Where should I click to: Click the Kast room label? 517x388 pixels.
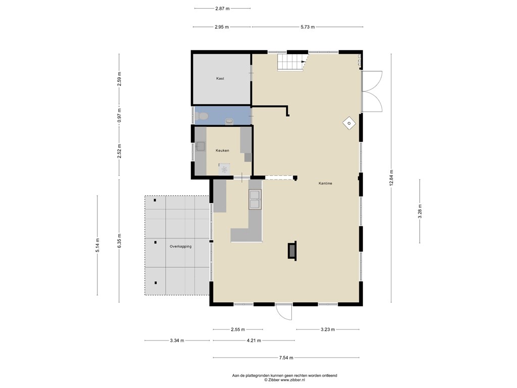coord(220,78)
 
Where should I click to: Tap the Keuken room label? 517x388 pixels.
coord(222,151)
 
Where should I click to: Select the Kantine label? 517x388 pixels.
coord(325,183)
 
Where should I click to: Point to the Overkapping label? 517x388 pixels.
coord(180,247)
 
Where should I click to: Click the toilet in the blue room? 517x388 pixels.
coord(201,116)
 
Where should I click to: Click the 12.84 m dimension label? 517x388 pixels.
coord(391,178)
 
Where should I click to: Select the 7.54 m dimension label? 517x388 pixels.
coord(286,357)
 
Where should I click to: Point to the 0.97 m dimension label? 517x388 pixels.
coord(119,116)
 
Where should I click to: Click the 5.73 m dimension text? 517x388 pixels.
coord(307,27)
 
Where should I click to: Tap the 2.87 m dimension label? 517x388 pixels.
coord(222,9)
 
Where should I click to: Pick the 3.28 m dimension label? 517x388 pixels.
coord(420,212)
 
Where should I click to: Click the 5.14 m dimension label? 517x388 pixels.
coord(97,245)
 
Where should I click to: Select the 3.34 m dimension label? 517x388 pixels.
coord(177,341)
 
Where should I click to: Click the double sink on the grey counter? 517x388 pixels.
coord(255,200)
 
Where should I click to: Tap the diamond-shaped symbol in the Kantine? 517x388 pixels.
coord(349,124)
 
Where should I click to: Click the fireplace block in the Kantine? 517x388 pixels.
coord(292,251)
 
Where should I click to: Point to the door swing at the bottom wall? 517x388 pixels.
coord(284,312)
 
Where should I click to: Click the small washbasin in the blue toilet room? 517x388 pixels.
coord(229,121)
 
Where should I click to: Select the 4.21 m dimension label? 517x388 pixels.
coord(253,341)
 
